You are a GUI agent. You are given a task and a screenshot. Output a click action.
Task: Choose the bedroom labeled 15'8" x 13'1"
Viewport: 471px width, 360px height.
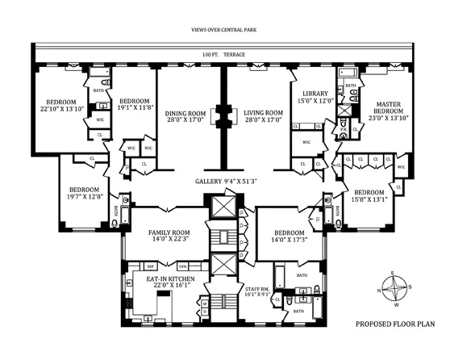tap(371, 196)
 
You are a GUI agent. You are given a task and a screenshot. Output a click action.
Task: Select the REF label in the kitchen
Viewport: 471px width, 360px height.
tap(150, 266)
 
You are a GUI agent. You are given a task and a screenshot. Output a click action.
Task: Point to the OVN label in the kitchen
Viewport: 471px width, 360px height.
tap(183, 266)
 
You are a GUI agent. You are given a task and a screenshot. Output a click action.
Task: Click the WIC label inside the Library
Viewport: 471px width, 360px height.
tap(306, 143)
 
